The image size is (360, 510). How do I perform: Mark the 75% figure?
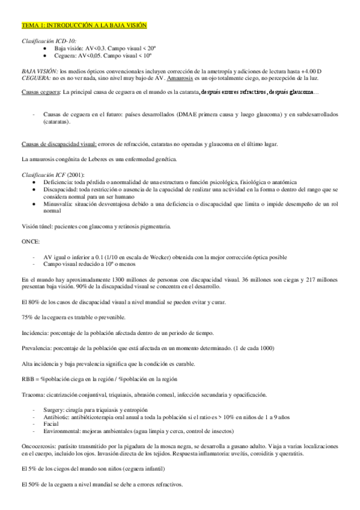click(x=27, y=317)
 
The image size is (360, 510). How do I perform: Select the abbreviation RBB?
click(x=28, y=378)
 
